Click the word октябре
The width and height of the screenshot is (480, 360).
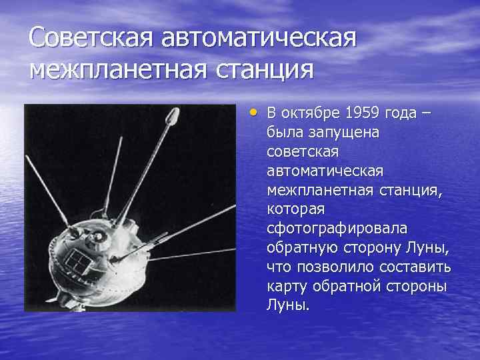[309, 113]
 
